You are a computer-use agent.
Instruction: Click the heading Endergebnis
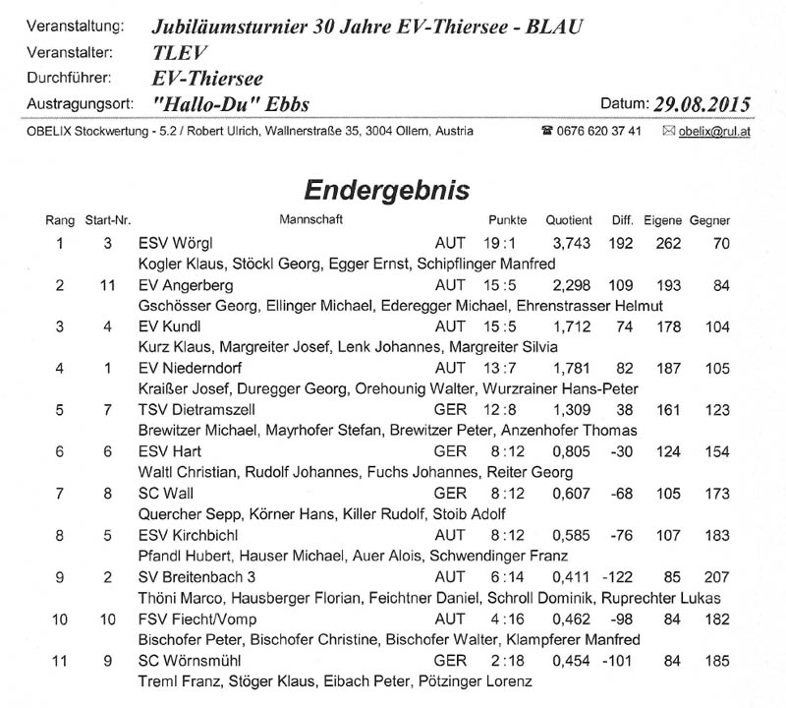(386, 189)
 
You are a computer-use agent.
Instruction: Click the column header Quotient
(570, 219)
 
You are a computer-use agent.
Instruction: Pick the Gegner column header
(709, 219)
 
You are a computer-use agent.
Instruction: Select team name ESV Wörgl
(176, 243)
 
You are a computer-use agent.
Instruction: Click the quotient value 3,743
(571, 243)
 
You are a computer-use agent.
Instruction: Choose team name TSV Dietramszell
(198, 409)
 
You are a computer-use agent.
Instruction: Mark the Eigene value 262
(662, 243)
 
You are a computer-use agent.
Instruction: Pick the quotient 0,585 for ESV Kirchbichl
(571, 534)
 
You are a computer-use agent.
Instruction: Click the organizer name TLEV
(178, 53)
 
